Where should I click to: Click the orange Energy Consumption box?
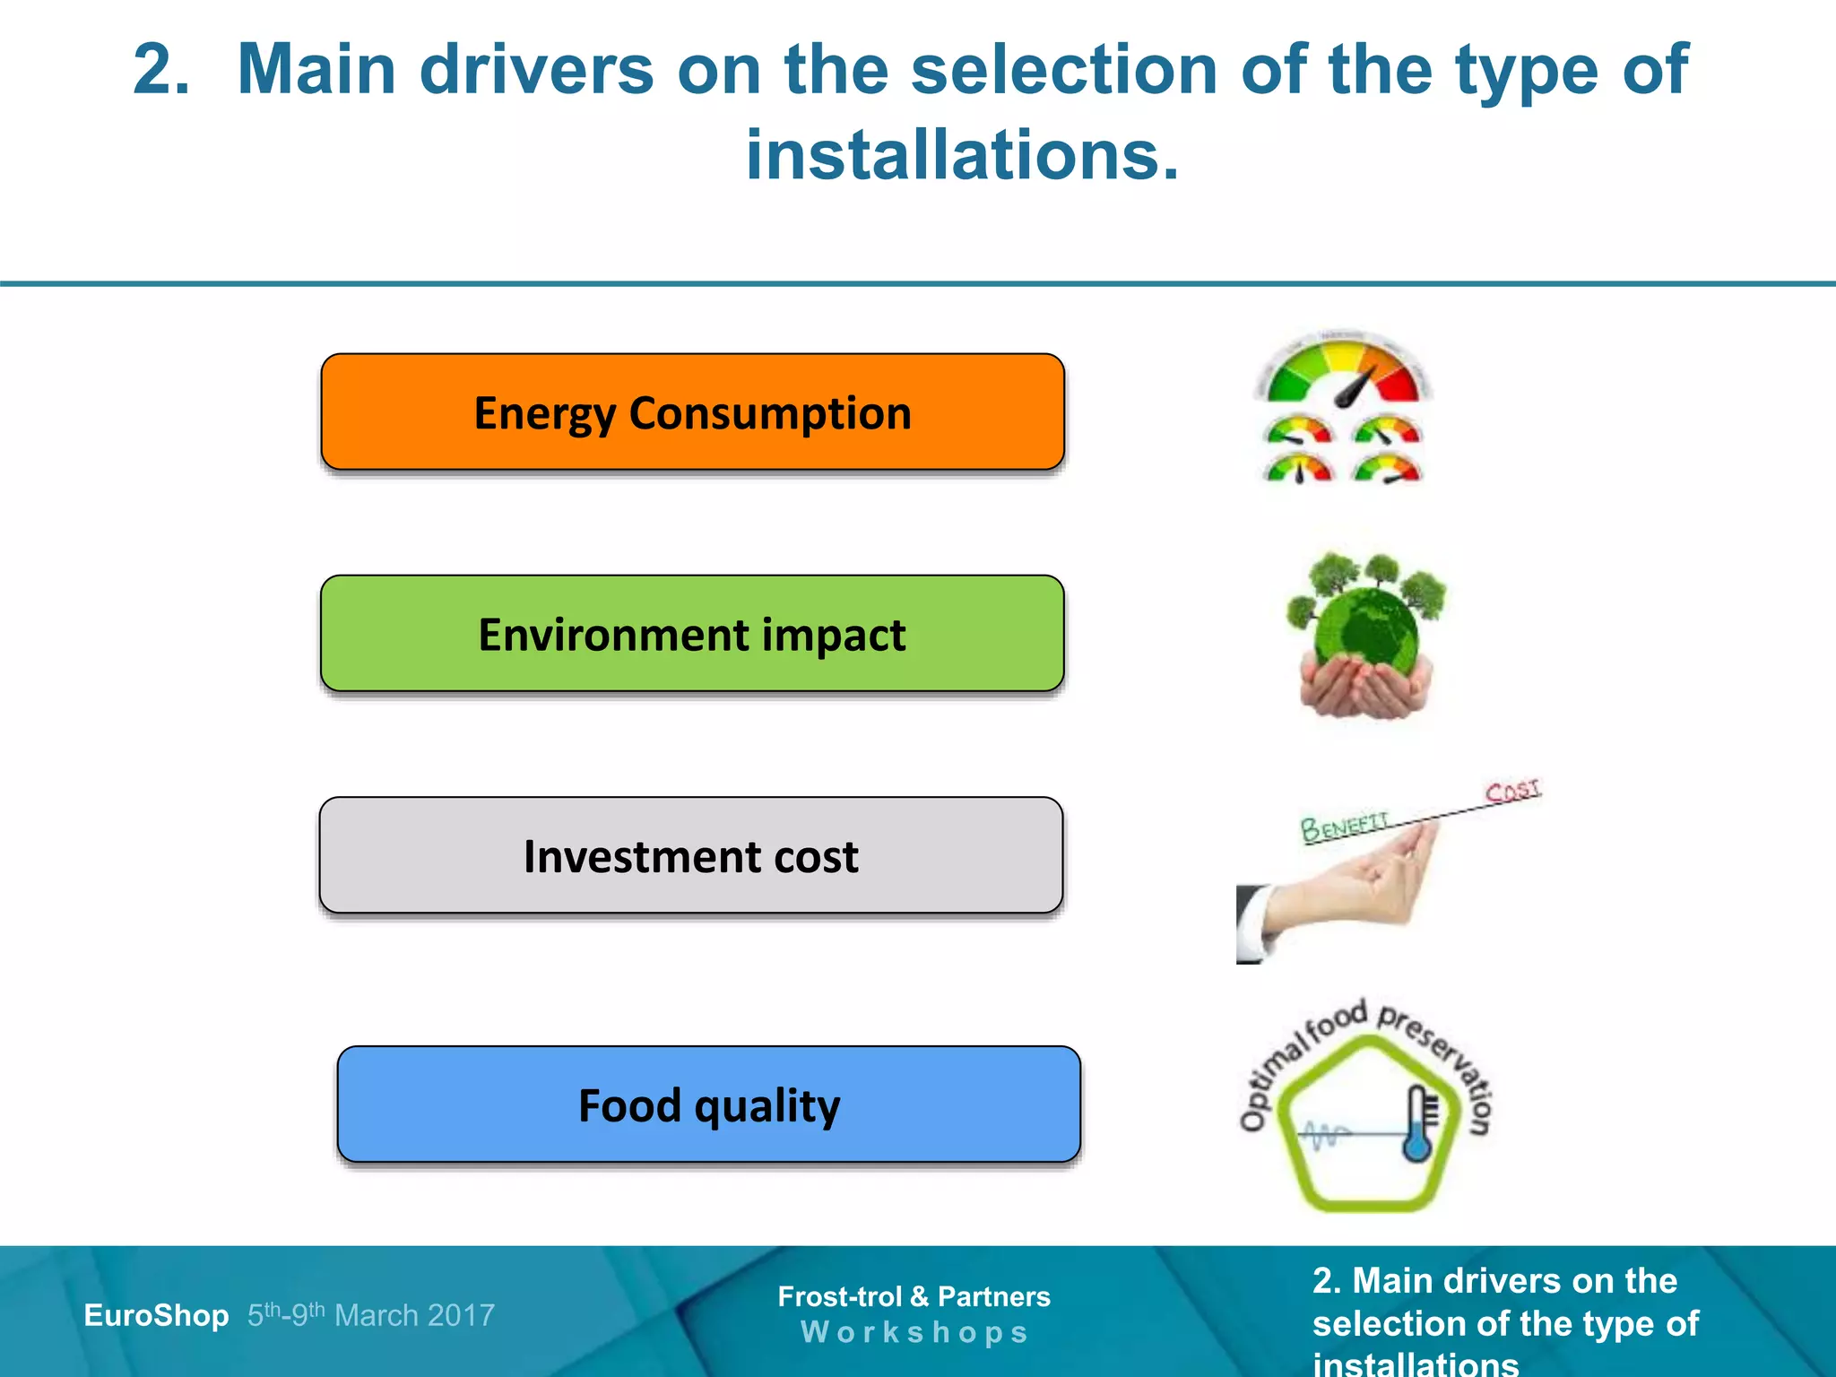692,412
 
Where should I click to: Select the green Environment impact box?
692,634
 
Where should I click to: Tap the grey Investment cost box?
690,855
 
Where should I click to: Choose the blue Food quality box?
708,1104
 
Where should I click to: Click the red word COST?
1512,791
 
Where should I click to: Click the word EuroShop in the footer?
156,1315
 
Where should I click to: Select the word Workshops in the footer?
914,1332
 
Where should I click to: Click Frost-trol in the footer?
839,1296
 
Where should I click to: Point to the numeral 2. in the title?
161,70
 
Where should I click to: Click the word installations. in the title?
963,155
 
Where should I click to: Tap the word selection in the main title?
1064,70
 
